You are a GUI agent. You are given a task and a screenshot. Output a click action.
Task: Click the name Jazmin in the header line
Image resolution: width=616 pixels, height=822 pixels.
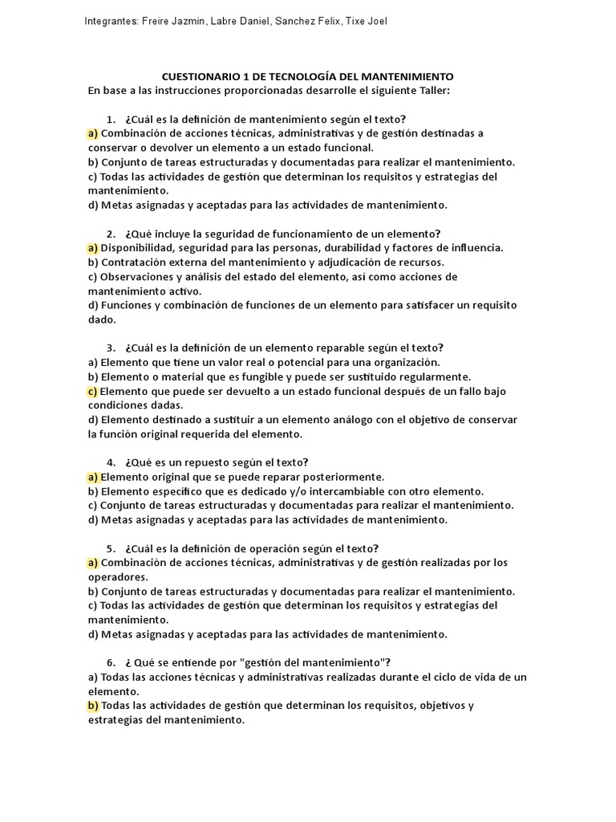189,21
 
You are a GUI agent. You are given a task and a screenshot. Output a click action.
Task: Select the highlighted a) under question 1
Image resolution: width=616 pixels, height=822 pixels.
93,133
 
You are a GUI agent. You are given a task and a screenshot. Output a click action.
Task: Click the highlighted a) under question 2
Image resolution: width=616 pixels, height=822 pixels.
93,248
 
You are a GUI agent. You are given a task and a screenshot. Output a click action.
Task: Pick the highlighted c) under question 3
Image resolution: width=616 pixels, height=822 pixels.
93,392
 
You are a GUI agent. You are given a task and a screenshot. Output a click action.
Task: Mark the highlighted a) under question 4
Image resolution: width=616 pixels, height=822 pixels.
93,477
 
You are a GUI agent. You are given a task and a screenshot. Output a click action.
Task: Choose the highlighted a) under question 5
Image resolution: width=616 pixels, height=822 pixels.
93,563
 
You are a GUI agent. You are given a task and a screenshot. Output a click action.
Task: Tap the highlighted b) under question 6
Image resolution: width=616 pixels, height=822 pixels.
93,706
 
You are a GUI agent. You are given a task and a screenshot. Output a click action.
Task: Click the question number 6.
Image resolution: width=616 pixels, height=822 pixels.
110,663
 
